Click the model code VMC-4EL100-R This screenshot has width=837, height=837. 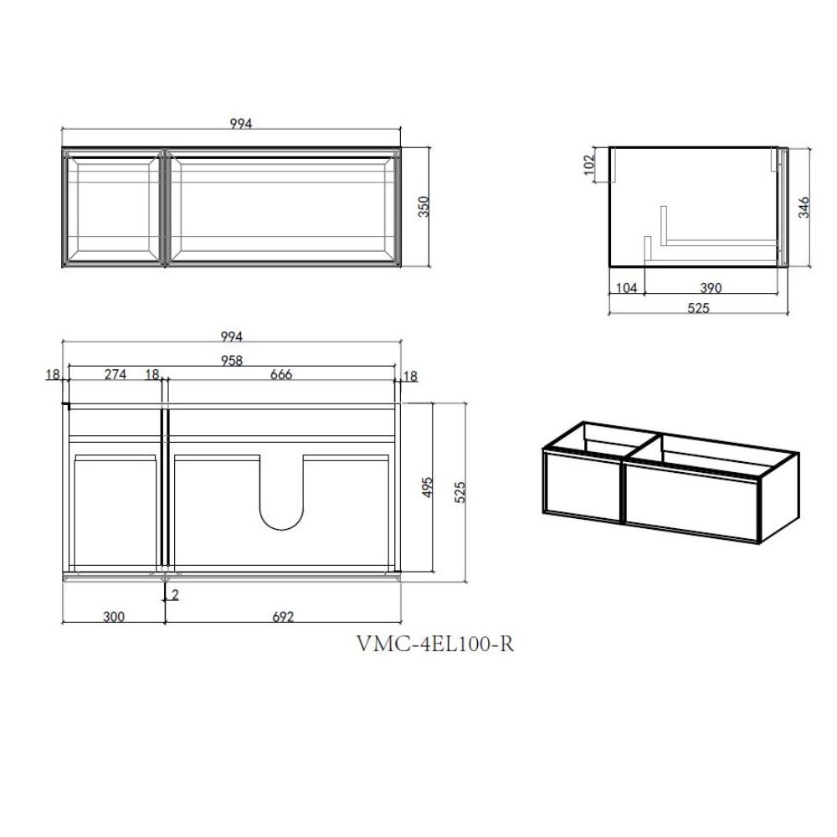click(x=435, y=644)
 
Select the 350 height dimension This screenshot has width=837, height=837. click(x=424, y=207)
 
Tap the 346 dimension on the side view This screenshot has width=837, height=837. click(x=804, y=207)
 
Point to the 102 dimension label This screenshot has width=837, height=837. click(x=588, y=164)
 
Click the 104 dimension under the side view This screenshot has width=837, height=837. click(x=627, y=288)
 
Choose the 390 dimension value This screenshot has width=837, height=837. click(x=711, y=288)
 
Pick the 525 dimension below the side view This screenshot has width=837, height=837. click(x=698, y=308)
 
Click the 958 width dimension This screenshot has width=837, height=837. click(x=232, y=361)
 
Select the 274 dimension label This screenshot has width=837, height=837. click(x=116, y=374)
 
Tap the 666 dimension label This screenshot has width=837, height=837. click(x=280, y=374)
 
